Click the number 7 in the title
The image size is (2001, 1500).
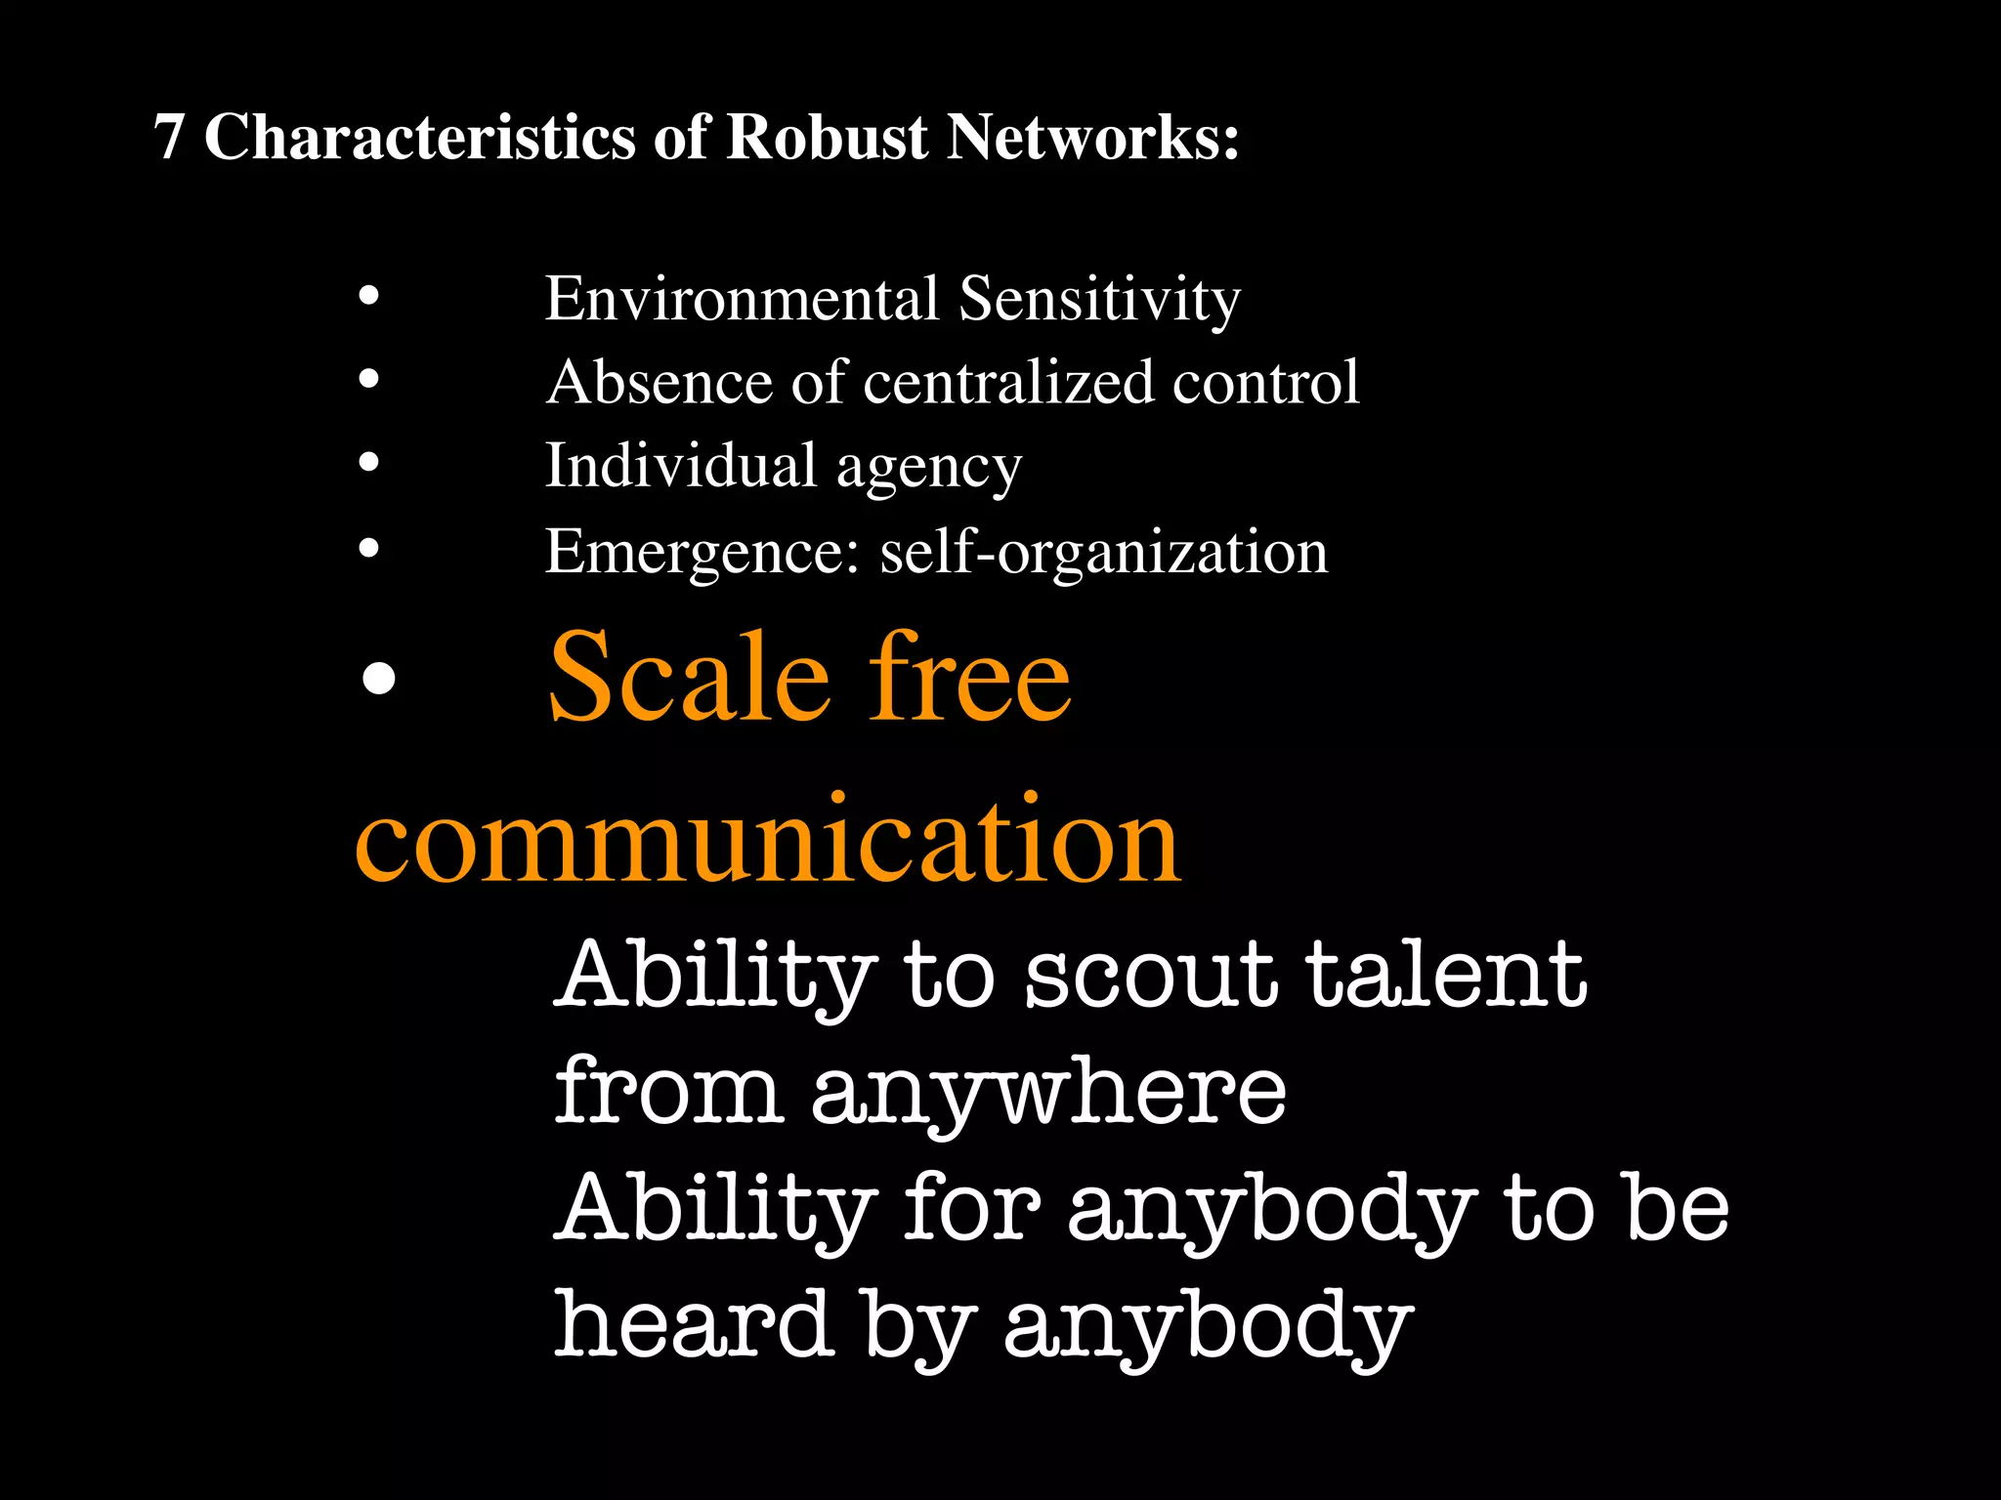(169, 137)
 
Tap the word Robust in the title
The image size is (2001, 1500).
(827, 137)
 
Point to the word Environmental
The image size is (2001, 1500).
(742, 299)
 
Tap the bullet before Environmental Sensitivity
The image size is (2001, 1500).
(368, 295)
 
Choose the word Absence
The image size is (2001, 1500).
(660, 382)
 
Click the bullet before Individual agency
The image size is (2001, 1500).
(368, 462)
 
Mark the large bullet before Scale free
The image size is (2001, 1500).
(378, 678)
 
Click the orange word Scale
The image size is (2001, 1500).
(689, 678)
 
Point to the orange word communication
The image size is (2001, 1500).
(768, 840)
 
